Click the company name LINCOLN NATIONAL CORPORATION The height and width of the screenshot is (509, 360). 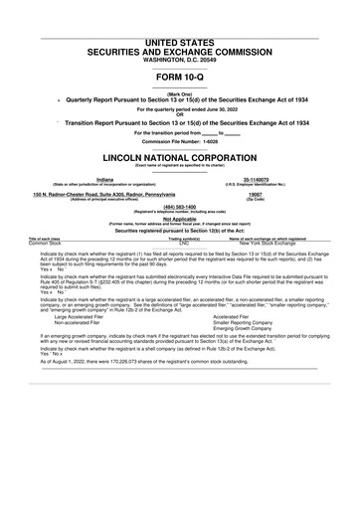click(179, 158)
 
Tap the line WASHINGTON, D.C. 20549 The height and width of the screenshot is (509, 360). click(179, 61)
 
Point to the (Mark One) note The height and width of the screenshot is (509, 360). click(179, 92)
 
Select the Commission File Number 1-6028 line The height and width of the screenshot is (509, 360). click(179, 139)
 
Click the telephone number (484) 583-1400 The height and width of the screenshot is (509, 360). click(179, 207)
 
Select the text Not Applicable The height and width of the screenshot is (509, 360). click(179, 219)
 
